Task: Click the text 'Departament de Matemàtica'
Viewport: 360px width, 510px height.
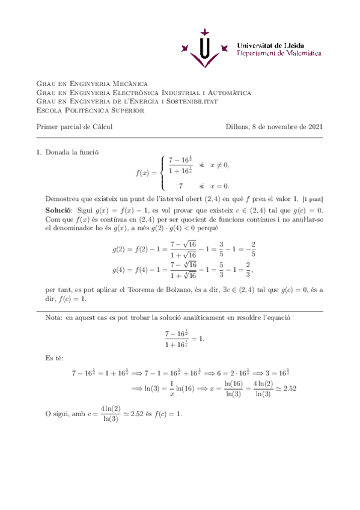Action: point(279,54)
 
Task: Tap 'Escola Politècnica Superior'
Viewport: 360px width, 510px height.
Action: point(91,111)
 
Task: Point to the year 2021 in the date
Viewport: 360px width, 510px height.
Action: point(315,127)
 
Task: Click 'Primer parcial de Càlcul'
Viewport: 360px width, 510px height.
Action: point(75,127)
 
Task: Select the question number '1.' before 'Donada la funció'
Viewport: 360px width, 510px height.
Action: point(40,153)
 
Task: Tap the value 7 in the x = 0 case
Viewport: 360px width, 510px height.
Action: point(180,186)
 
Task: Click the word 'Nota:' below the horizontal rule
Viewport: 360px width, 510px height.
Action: point(55,317)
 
